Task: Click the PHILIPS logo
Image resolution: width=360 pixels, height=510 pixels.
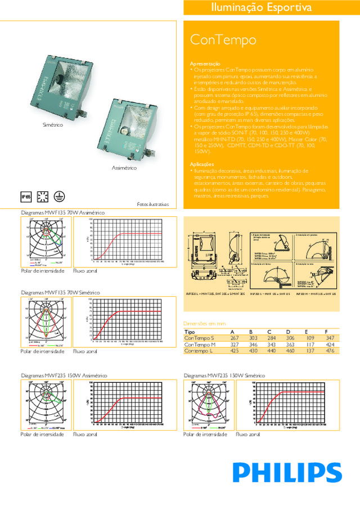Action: point(287,473)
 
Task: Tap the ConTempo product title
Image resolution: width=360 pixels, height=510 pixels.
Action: point(223,40)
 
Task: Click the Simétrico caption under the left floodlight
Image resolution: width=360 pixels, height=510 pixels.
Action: point(53,123)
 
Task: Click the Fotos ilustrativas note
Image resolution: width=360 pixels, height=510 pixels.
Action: point(153,204)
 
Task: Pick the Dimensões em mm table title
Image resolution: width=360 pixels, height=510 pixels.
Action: point(205,324)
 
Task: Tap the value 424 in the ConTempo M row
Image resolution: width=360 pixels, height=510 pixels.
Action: point(330,344)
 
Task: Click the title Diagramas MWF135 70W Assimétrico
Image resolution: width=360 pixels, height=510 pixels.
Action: point(62,212)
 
